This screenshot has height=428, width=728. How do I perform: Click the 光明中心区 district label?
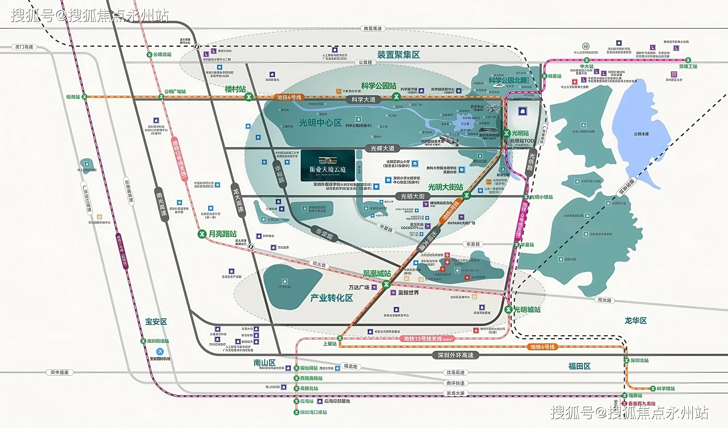pos(320,123)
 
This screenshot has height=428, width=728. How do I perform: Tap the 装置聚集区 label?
pos(398,55)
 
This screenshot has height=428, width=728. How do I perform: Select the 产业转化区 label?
pos(332,298)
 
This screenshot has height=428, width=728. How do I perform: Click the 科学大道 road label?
pos(363,100)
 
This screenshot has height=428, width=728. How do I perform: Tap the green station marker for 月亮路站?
pos(202,234)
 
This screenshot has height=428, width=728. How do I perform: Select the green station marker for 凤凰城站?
pos(386,284)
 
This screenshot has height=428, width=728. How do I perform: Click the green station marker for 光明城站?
pos(508,310)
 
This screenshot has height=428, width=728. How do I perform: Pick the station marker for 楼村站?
pos(249,97)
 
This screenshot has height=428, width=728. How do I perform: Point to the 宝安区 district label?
pos(156,322)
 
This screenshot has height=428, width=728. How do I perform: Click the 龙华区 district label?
pos(635,320)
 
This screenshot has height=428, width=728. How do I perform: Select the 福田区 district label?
pos(579,366)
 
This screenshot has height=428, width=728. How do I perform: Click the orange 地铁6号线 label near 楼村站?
pos(289,97)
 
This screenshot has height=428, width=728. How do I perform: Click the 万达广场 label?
pos(359,287)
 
